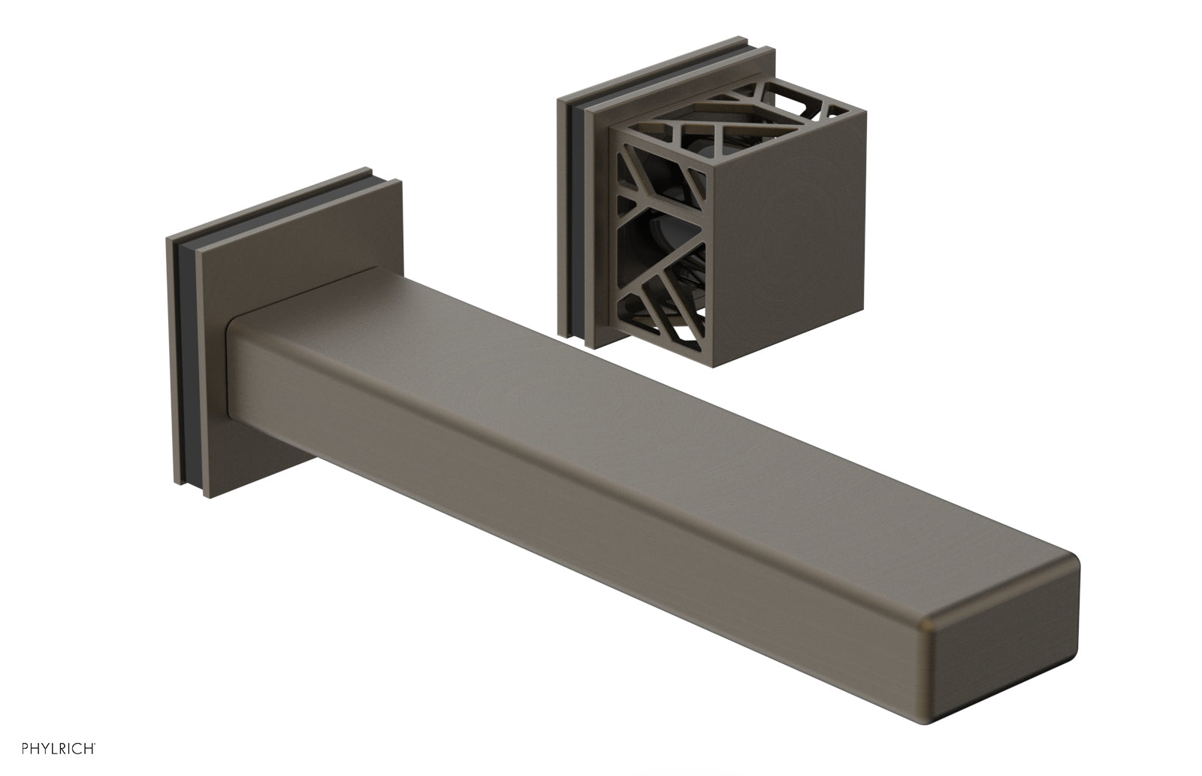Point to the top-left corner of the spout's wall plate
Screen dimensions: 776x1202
pos(168,239)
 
